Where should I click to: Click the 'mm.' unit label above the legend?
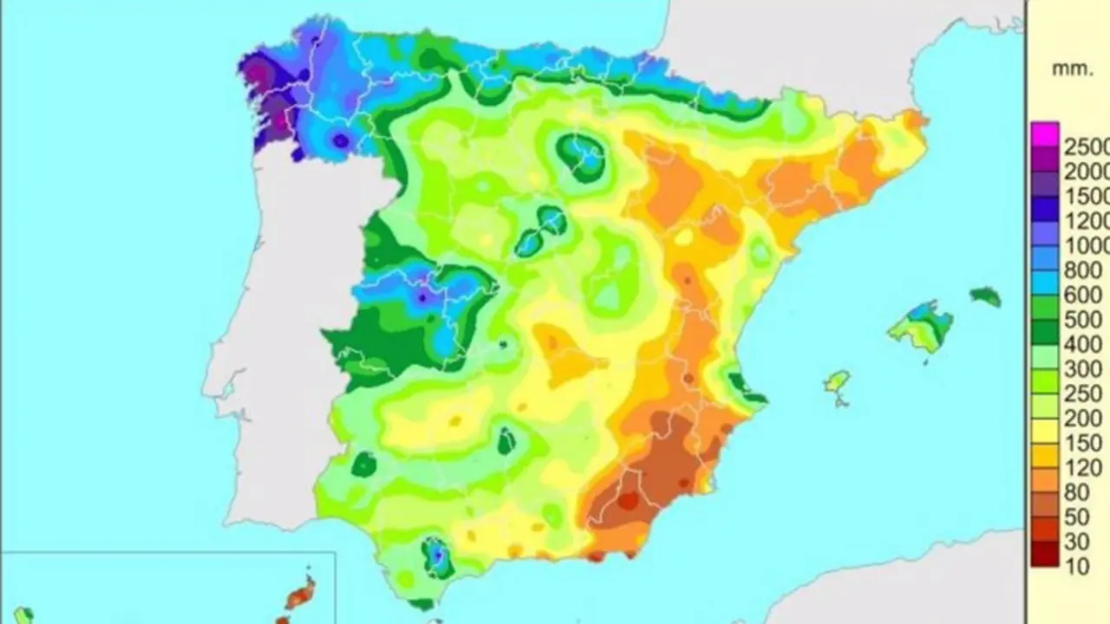pyautogui.click(x=1073, y=70)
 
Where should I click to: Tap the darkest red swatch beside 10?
pyautogui.click(x=1045, y=559)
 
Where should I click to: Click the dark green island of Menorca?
pyautogui.click(x=986, y=296)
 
